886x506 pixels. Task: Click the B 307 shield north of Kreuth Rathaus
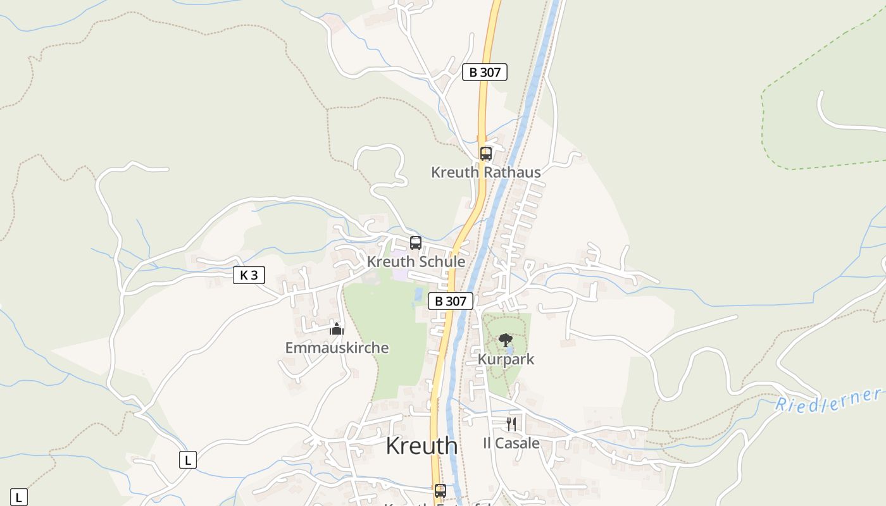[x=485, y=72]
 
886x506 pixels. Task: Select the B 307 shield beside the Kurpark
[x=451, y=301]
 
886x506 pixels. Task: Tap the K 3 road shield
[x=249, y=275]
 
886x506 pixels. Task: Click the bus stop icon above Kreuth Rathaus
[x=485, y=153]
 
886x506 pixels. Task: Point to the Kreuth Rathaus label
[x=485, y=172]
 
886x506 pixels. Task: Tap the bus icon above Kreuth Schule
[x=416, y=242]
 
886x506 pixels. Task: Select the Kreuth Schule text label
[x=416, y=261]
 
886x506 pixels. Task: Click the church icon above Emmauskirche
[x=336, y=329]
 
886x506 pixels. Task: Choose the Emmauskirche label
[x=337, y=348]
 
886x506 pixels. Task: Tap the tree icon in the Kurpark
[x=505, y=341]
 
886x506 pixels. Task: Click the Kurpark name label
[x=506, y=359]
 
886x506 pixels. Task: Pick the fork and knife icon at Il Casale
[x=511, y=424]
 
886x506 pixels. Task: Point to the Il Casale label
[x=511, y=443]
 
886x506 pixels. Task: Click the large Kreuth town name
[x=421, y=445]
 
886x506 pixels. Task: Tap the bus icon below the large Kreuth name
[x=440, y=490]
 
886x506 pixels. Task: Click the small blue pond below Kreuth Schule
[x=418, y=294]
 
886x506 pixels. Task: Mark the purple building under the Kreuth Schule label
[x=400, y=275]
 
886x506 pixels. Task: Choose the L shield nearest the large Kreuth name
[x=187, y=460]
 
